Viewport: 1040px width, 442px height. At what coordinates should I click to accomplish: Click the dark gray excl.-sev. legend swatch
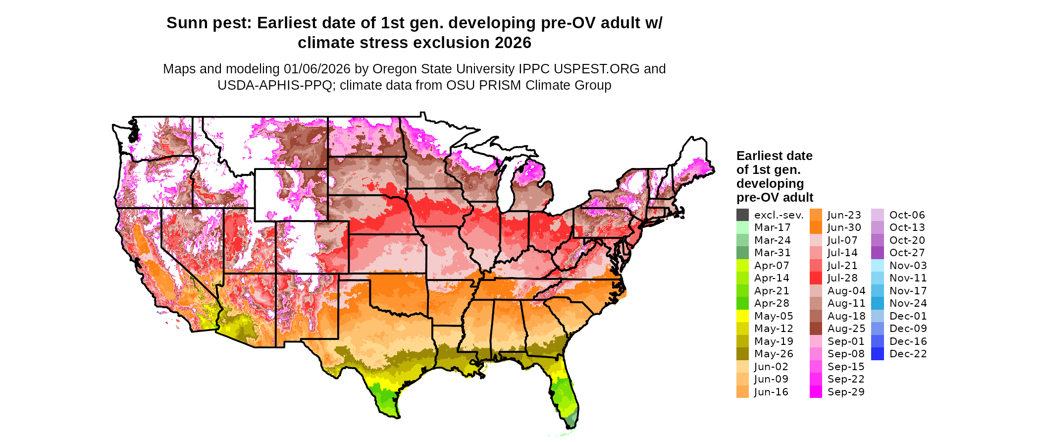(742, 215)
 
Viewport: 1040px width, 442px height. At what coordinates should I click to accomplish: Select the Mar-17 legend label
(772, 227)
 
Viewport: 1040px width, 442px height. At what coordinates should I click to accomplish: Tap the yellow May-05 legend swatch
(742, 316)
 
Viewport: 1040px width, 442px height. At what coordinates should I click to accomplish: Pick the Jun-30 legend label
(844, 227)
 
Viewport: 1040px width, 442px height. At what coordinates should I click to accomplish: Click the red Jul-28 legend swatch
(816, 278)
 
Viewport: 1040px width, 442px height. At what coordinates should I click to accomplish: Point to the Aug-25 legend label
(846, 329)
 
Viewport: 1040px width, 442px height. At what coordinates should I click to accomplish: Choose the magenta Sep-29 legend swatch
(816, 392)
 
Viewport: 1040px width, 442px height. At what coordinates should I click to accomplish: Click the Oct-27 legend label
(907, 253)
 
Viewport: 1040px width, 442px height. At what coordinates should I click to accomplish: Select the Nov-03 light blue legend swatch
(877, 266)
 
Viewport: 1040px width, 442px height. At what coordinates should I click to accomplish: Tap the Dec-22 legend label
(908, 354)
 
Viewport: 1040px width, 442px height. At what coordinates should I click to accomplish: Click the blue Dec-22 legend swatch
(877, 354)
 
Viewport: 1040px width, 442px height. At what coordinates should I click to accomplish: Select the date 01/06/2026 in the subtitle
(317, 69)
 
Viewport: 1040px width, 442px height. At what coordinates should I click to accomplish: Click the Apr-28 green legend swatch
(742, 303)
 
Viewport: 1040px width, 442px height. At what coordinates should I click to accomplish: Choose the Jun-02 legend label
(771, 367)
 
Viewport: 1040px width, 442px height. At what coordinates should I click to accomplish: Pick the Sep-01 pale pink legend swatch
(816, 341)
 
